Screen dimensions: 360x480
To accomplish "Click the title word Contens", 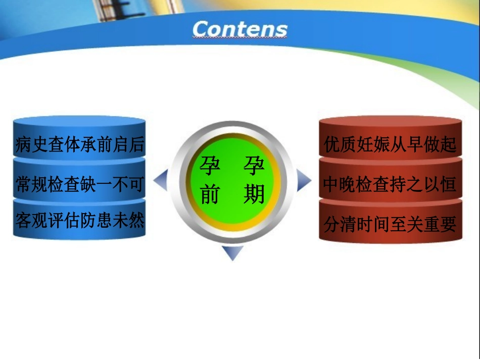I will [x=239, y=29].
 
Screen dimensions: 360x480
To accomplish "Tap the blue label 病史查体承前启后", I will [x=80, y=145].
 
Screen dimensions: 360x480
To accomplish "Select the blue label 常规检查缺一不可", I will [x=80, y=184].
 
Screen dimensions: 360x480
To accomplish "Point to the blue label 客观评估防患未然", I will [x=80, y=221].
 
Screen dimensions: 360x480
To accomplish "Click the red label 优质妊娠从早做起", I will [x=390, y=145].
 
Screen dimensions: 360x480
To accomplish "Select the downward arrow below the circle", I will [x=232, y=252].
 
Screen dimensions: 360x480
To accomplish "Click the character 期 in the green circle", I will [x=254, y=194].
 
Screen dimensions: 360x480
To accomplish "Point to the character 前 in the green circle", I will [x=210, y=194].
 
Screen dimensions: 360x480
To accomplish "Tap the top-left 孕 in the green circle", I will [x=210, y=165].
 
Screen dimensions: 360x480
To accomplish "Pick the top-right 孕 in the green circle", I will [x=254, y=165].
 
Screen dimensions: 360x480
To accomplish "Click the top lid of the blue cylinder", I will [x=79, y=122].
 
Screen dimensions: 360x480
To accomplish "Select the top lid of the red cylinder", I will [x=390, y=123].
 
